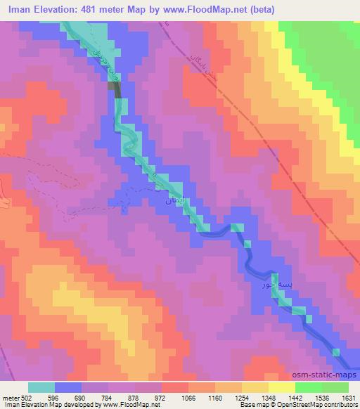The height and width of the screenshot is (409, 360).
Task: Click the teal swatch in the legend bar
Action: coord(41,387)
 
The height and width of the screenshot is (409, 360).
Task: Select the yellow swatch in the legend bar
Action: coord(281,387)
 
